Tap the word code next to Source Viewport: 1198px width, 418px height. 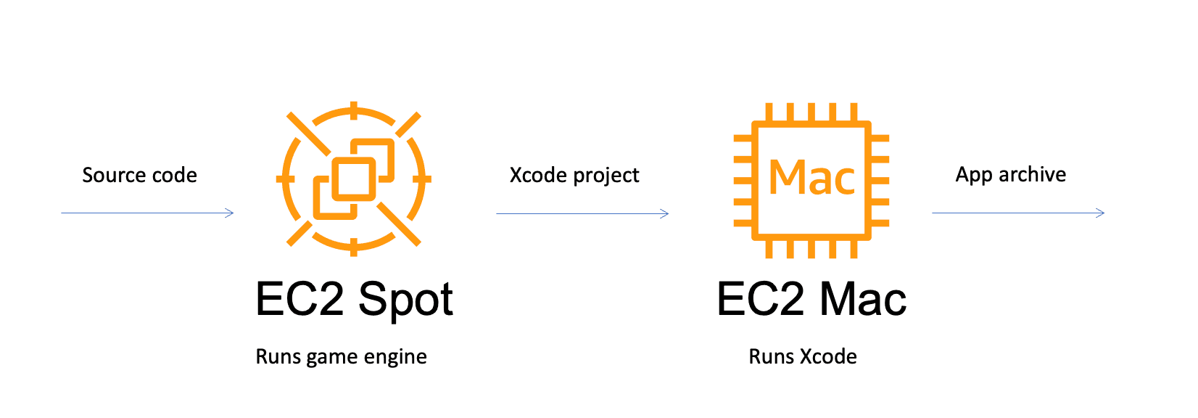(x=175, y=175)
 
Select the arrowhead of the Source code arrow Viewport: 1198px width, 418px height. (x=230, y=213)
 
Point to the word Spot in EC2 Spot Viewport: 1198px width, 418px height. (x=405, y=299)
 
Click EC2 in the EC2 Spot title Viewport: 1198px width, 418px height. (x=299, y=299)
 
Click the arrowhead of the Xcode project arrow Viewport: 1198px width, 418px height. (x=664, y=213)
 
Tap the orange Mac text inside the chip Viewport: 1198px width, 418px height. (x=811, y=178)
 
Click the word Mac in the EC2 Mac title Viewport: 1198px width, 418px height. (x=864, y=299)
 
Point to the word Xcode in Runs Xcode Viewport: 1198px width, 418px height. (x=829, y=356)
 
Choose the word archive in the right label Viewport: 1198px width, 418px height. (x=1032, y=174)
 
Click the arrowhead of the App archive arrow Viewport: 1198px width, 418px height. (x=1100, y=213)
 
